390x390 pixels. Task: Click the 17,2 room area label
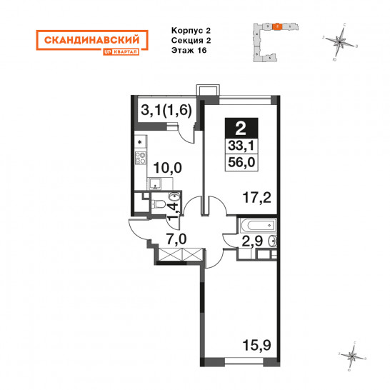pos(256,199)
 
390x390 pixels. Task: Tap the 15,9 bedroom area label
pos(256,345)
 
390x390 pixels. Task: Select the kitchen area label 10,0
pos(167,168)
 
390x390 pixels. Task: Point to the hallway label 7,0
pos(176,239)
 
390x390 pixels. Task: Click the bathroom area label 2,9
pos(252,241)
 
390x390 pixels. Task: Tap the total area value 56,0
pos(241,162)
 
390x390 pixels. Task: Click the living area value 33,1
pos(241,146)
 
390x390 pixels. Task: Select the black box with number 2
pos(241,129)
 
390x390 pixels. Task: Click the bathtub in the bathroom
pos(258,225)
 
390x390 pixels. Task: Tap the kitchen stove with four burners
pos(141,158)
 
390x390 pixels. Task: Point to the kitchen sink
pos(155,184)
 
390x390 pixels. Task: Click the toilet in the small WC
pos(158,204)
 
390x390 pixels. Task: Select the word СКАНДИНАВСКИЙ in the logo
pos(92,40)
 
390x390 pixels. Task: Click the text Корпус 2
pos(191,31)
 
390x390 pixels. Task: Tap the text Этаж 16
pos(189,50)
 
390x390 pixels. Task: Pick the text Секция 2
pos(191,40)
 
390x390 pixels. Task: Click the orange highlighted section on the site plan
pos(277,26)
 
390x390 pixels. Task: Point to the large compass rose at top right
pos(340,41)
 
